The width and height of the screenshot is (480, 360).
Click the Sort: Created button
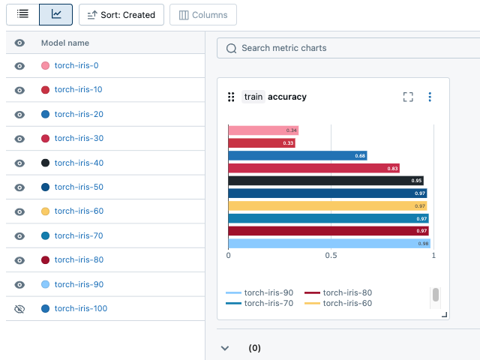tap(121, 14)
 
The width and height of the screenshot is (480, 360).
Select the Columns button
tap(203, 14)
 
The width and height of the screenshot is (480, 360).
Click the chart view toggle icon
tap(56, 14)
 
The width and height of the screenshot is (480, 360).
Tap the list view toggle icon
tap(22, 14)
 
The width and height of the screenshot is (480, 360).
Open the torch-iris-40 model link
tap(79, 163)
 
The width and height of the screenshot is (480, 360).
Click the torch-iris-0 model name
tap(76, 65)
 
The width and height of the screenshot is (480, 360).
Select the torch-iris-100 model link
tap(81, 308)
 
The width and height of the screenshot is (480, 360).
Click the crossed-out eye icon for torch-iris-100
tap(20, 308)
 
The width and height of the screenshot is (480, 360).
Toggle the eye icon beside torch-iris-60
tap(20, 211)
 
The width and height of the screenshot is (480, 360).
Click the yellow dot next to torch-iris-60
tap(46, 211)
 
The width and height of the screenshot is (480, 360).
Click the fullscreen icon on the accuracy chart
tap(408, 97)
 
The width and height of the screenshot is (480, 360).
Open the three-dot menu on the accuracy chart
tap(430, 97)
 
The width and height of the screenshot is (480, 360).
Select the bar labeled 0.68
tap(297, 156)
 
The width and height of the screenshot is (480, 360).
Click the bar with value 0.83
tap(313, 168)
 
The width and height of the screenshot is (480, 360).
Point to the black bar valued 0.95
tap(325, 181)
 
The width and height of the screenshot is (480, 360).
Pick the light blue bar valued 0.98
tap(328, 243)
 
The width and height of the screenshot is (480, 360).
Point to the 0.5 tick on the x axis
tap(331, 256)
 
